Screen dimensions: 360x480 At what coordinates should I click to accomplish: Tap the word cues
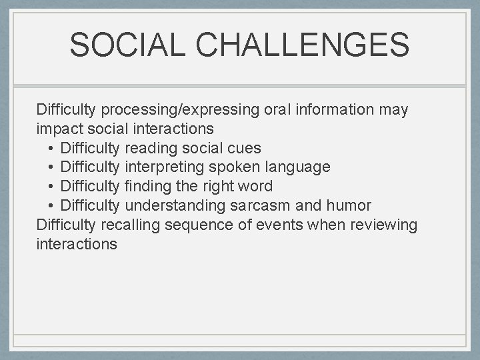coord(244,148)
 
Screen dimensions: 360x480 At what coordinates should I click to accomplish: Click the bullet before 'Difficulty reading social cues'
coord(51,148)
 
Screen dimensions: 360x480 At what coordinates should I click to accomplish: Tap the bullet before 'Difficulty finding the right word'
coord(51,187)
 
